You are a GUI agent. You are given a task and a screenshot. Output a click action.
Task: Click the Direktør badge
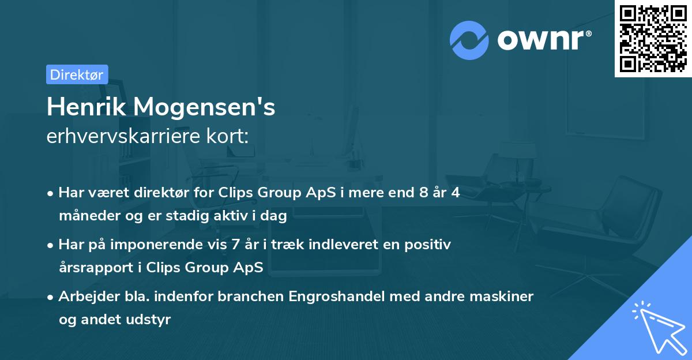77,74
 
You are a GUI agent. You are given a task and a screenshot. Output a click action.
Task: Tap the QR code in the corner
653,38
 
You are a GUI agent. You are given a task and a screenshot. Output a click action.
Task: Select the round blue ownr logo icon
469,40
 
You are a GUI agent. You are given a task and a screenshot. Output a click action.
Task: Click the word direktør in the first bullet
161,193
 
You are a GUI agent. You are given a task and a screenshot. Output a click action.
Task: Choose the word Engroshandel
334,297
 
